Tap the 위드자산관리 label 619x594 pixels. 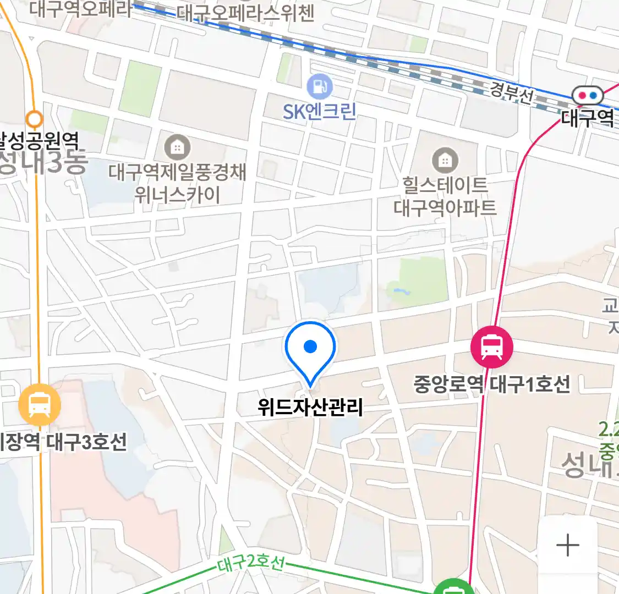(x=310, y=407)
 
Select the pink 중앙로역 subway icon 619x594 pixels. (x=491, y=347)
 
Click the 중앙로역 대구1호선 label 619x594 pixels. (x=492, y=384)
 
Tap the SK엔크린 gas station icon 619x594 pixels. (x=320, y=86)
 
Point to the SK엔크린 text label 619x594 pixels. (x=320, y=112)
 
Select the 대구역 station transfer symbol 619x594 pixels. (x=587, y=96)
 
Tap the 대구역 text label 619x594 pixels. (x=588, y=118)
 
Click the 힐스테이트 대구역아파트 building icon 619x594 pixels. (x=445, y=161)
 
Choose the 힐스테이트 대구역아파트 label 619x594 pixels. (x=445, y=196)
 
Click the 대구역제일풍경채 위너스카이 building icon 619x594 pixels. (x=177, y=147)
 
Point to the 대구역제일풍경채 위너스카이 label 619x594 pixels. (x=177, y=183)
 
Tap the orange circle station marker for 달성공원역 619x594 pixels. (x=35, y=118)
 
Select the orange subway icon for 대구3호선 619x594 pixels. (x=40, y=405)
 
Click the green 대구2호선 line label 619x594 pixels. (x=251, y=564)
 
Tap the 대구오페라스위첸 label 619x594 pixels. (x=245, y=13)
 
